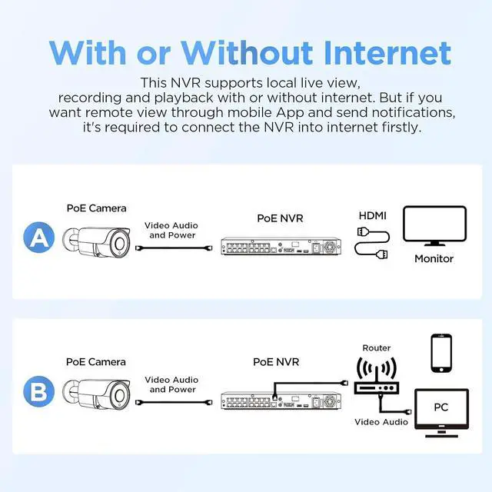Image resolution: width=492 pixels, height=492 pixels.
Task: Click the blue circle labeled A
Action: pyautogui.click(x=39, y=238)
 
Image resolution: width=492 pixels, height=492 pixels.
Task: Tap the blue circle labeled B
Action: pyautogui.click(x=39, y=391)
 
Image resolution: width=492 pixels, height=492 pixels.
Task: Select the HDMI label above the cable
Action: pyautogui.click(x=372, y=216)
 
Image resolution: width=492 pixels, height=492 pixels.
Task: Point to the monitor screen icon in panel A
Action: pyautogui.click(x=434, y=226)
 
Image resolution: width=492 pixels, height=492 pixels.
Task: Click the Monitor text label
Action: pyautogui.click(x=434, y=259)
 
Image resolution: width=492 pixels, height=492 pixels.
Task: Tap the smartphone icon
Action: pyautogui.click(x=441, y=354)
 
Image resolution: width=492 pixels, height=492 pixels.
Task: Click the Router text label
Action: pyautogui.click(x=377, y=348)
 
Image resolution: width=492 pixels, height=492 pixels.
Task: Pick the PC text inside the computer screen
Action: pyautogui.click(x=440, y=407)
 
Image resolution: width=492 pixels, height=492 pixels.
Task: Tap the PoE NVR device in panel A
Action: pyautogui.click(x=281, y=246)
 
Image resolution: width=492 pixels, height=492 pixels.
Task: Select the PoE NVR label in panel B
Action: pyautogui.click(x=276, y=362)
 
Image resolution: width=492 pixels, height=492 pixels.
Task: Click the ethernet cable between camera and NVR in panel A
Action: pyautogui.click(x=174, y=248)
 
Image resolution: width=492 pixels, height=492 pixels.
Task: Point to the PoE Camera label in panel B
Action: pyautogui.click(x=96, y=362)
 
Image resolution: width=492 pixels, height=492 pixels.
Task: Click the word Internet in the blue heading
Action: pyautogui.click(x=387, y=53)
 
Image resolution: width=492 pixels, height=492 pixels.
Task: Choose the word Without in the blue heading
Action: pyautogui.click(x=247, y=53)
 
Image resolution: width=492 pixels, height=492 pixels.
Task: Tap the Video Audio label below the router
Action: pyautogui.click(x=381, y=422)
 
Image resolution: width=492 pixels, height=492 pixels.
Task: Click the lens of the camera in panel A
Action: pyautogui.click(x=120, y=244)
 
